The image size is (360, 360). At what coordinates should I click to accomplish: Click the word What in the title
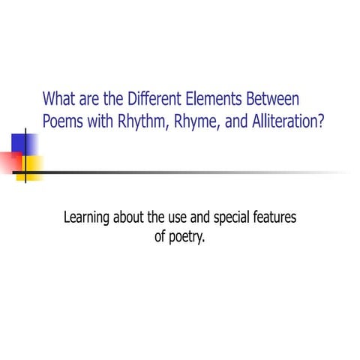click(58, 99)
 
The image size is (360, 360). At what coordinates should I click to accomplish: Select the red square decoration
click(9, 162)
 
